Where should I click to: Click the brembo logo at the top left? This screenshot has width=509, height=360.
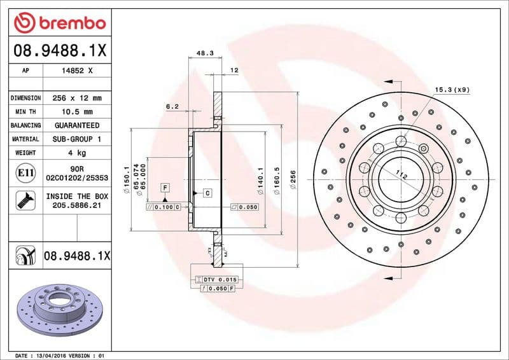59,24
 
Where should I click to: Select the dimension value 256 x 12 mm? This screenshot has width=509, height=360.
78,99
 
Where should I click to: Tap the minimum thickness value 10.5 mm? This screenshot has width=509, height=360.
78,112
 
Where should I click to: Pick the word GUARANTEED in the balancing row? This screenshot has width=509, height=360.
78,125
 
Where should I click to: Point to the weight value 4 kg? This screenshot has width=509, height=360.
78,153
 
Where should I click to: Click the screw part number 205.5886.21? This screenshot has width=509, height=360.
78,205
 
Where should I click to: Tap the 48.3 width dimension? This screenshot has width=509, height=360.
205,54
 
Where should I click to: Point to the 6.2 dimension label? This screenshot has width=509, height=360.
172,107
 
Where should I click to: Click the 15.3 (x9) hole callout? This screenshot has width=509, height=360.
452,90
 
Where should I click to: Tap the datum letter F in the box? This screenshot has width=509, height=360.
165,187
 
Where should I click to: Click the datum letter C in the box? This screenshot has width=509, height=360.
207,192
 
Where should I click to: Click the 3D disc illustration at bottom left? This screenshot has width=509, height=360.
56,309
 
